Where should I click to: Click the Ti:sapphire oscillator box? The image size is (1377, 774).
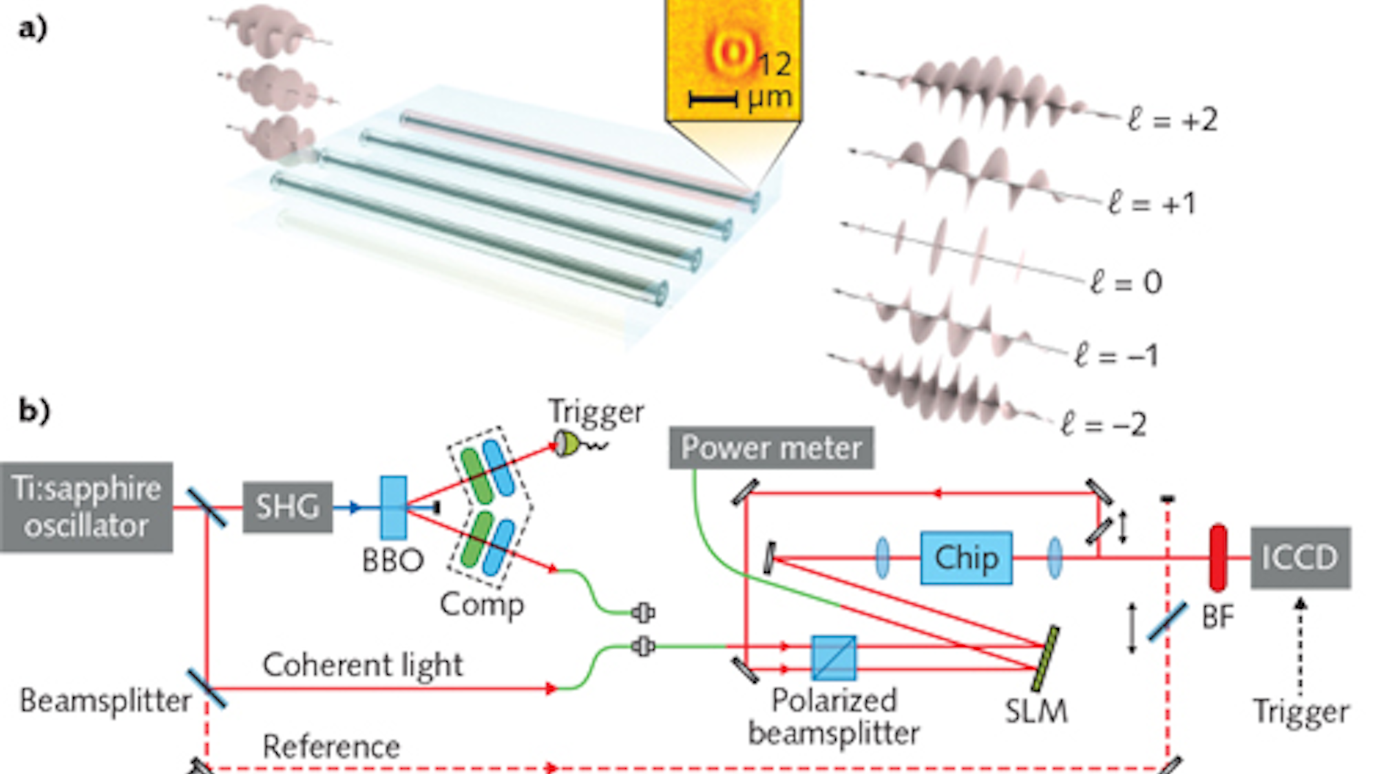tap(87, 507)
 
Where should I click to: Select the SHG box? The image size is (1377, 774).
tap(288, 507)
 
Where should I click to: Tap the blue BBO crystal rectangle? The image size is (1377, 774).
tap(393, 508)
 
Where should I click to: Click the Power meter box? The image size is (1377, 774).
tap(771, 448)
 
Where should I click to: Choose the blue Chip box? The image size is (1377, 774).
tap(966, 558)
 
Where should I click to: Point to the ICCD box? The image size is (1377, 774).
tap(1300, 558)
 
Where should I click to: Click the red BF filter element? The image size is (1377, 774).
tap(1218, 558)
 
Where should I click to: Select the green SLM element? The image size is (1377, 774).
tap(1045, 658)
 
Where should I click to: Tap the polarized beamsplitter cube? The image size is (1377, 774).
tap(834, 658)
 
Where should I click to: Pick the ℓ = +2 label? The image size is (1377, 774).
tap(1173, 121)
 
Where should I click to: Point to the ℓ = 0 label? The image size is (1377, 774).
tap(1126, 282)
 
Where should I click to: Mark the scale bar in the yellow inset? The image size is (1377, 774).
tap(713, 100)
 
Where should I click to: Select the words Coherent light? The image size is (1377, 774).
tap(362, 665)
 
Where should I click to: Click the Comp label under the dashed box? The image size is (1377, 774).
tap(481, 605)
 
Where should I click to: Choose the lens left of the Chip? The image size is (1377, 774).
tap(882, 558)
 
